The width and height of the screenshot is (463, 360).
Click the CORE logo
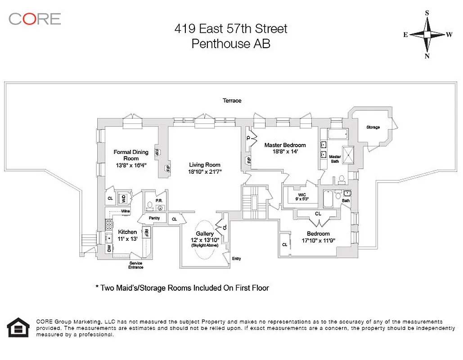(x=35, y=18)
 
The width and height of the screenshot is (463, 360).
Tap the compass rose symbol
(x=427, y=35)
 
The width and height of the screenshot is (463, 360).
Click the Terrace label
(x=232, y=100)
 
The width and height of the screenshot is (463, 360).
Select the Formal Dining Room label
(x=130, y=155)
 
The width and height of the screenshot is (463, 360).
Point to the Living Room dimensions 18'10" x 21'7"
(x=205, y=171)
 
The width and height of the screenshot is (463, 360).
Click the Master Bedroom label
(x=285, y=145)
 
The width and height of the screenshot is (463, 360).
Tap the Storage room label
(x=373, y=127)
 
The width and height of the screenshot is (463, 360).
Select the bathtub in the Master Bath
(x=337, y=134)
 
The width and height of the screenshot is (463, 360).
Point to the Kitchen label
(x=127, y=232)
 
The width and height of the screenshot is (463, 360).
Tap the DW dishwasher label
(x=108, y=248)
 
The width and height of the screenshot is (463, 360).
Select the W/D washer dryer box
(x=123, y=198)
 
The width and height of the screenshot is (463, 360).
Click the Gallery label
(x=205, y=234)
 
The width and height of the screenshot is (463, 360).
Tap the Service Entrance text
(x=136, y=265)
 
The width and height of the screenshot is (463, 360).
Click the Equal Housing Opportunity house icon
(x=18, y=327)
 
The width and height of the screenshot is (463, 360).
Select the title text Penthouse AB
(x=231, y=44)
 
